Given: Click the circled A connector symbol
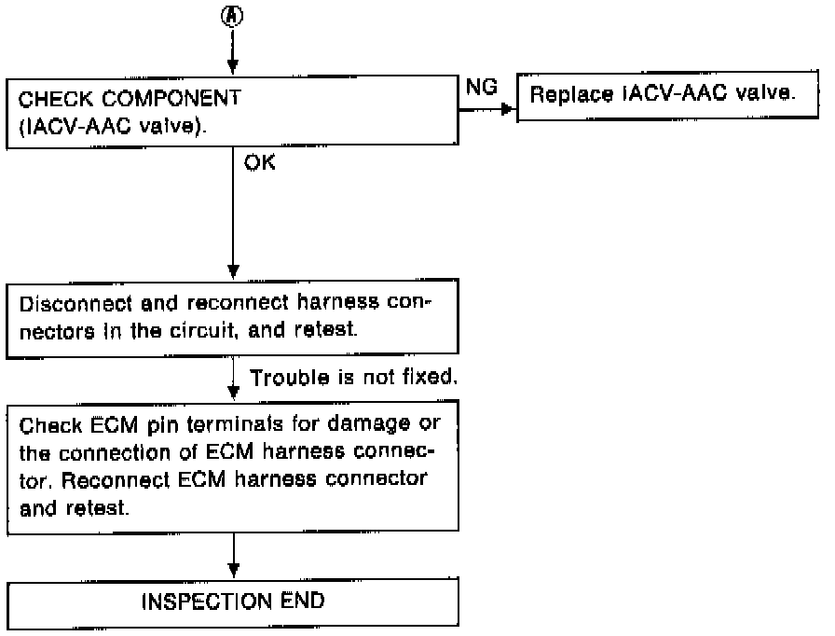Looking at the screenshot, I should (x=232, y=16).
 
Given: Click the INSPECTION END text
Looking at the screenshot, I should (x=233, y=601).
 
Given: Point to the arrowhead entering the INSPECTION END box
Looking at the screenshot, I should (x=233, y=571).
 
